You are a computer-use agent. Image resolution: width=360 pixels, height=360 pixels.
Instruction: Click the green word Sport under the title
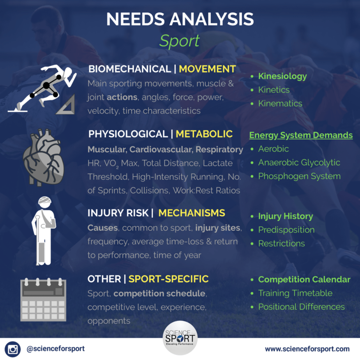click(180, 41)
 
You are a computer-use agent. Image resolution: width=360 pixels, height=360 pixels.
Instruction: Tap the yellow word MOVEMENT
click(207, 69)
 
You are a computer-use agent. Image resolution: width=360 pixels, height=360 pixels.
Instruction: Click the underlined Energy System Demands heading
click(301, 135)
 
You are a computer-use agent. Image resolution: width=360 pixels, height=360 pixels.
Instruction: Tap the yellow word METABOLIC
click(204, 134)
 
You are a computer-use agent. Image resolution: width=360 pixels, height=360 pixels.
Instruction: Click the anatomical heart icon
click(44, 157)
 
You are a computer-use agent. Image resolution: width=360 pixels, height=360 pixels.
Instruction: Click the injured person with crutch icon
click(44, 231)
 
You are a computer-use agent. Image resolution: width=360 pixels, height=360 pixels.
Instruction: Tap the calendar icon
click(43, 299)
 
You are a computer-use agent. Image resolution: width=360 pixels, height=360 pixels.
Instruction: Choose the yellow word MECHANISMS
click(192, 213)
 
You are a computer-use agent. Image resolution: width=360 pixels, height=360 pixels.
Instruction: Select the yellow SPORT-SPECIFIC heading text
click(169, 279)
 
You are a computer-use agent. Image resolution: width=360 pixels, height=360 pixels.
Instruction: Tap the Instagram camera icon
click(12, 349)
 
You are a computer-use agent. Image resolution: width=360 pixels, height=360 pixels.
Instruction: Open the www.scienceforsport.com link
click(307, 349)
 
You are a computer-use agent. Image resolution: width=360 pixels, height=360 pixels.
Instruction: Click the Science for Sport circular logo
click(180, 338)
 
